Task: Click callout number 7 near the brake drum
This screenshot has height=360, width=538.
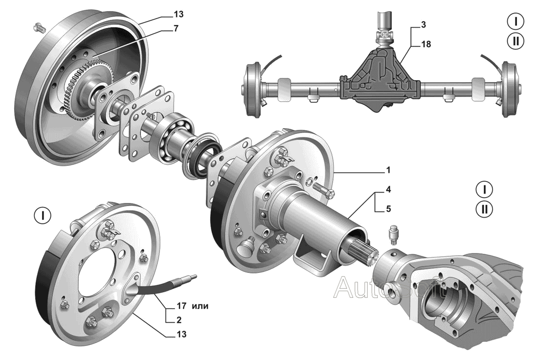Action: click(176, 28)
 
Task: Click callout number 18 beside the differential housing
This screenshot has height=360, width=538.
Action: click(426, 45)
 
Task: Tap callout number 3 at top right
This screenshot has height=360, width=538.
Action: click(424, 25)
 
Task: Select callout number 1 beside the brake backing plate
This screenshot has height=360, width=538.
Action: click(388, 170)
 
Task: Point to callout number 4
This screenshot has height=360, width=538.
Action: click(388, 189)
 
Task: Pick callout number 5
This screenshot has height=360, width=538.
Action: click(388, 209)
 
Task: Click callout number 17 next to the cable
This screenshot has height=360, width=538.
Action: click(181, 305)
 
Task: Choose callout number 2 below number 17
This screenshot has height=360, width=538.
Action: click(179, 320)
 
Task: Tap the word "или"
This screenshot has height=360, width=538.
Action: click(201, 306)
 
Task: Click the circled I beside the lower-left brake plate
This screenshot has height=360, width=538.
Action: click(43, 216)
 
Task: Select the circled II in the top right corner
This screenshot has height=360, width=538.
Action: click(516, 41)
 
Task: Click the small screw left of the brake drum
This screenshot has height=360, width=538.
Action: click(40, 27)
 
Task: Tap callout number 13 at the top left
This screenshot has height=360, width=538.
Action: click(179, 14)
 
